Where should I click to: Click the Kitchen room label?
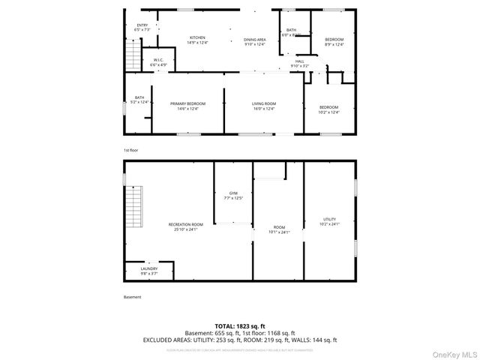197,40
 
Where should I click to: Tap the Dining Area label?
255,41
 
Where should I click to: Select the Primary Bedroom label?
187,106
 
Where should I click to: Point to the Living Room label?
264,106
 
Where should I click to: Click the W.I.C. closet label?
158,62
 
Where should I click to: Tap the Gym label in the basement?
234,196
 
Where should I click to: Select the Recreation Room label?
186,226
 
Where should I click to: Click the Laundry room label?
149,270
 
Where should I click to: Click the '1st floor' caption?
132,150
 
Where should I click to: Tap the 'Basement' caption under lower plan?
132,298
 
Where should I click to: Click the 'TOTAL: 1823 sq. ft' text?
239,326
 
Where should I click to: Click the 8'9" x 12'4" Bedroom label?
334,41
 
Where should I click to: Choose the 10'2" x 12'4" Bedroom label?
329,109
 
